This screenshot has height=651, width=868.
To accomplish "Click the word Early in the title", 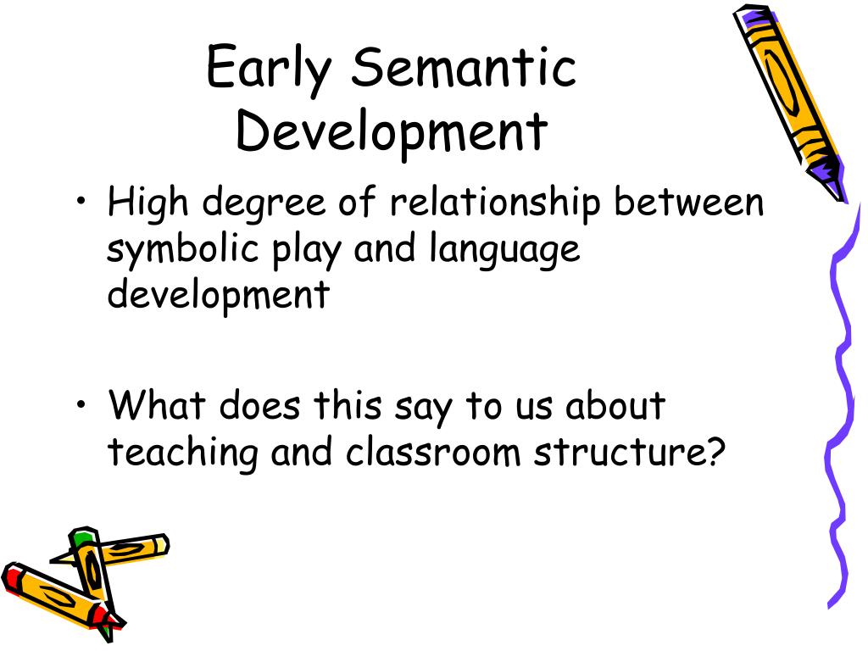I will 267,70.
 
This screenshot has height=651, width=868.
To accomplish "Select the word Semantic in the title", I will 465,70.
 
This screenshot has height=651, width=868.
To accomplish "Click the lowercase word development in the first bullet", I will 218,297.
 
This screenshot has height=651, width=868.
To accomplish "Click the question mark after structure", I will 718,452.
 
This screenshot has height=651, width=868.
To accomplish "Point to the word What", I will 158,405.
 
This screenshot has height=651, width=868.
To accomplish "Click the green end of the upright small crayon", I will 82,537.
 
